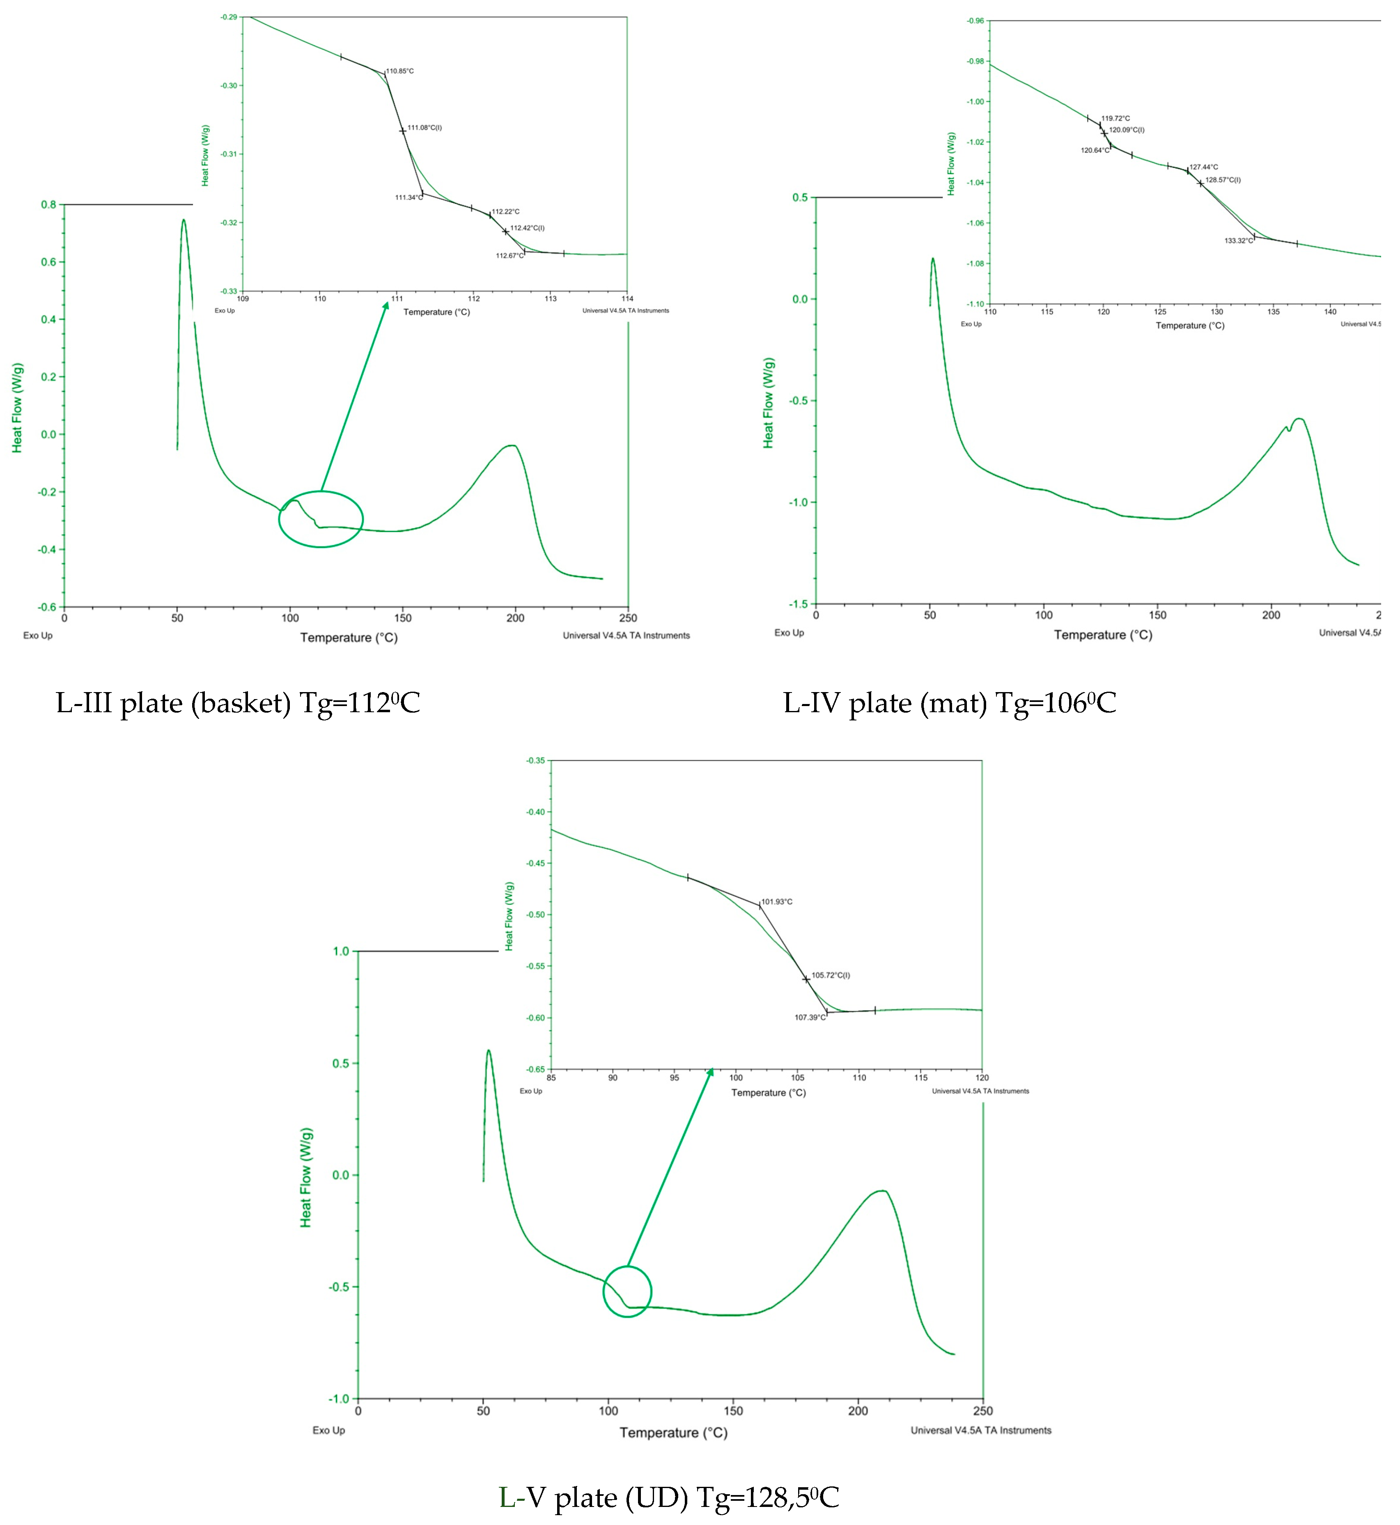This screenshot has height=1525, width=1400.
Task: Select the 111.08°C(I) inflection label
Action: click(x=425, y=128)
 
